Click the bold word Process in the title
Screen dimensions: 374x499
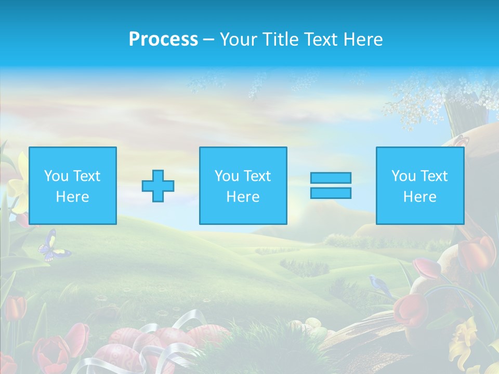pos(163,39)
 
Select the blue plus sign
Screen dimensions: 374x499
pos(158,185)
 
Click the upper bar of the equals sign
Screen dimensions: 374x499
pos(331,178)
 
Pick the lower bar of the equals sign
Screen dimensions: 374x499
pos(331,193)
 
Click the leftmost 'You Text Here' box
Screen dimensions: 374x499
pos(73,185)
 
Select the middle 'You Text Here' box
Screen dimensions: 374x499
pos(243,185)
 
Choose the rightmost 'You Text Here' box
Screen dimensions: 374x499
pos(419,185)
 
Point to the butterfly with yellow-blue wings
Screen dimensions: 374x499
pos(52,247)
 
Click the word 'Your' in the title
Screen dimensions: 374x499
pos(237,39)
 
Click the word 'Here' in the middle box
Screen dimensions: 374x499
pos(243,197)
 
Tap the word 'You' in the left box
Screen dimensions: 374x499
pos(56,176)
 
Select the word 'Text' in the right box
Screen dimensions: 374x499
pos(434,176)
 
